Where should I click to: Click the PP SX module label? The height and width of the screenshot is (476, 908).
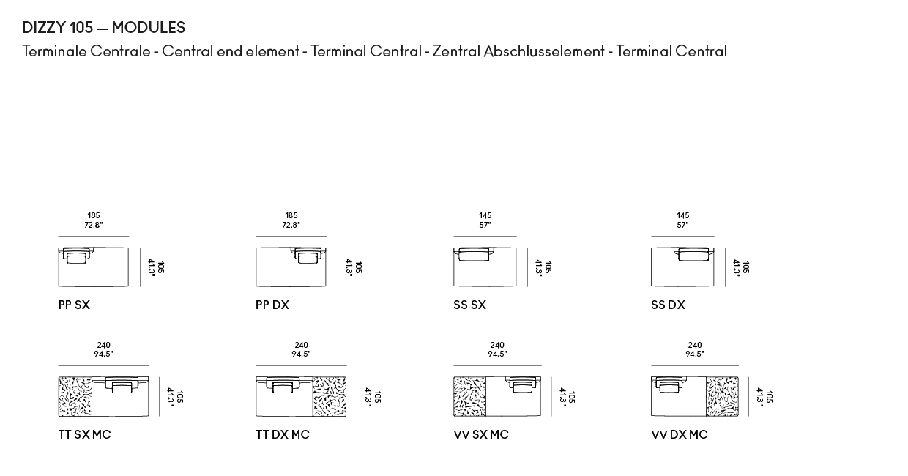[x=74, y=305]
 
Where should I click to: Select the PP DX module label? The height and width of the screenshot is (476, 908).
[x=272, y=305]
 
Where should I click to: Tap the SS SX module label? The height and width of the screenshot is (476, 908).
[x=470, y=305]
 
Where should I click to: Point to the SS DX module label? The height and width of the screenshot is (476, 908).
[x=668, y=305]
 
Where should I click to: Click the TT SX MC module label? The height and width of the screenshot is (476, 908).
[x=85, y=435]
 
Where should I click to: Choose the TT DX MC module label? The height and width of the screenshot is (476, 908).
[x=283, y=435]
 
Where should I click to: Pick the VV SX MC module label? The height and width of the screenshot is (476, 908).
[x=481, y=435]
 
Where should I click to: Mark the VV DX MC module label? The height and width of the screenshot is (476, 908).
[x=680, y=435]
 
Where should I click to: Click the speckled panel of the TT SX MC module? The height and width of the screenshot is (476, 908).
[x=75, y=396]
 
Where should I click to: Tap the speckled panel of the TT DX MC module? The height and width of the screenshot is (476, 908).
[x=330, y=396]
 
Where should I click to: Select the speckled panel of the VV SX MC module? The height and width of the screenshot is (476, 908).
[x=470, y=396]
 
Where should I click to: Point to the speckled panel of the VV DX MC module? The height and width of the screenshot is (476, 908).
[x=722, y=396]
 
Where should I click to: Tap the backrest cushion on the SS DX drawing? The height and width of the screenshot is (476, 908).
[x=693, y=254]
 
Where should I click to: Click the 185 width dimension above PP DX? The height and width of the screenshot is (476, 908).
[x=291, y=215]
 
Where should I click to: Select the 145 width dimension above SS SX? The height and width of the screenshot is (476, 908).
[x=485, y=215]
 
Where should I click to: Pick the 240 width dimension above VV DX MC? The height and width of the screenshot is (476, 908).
[x=695, y=345]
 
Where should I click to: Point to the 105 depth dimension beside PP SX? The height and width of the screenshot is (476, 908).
[x=160, y=267]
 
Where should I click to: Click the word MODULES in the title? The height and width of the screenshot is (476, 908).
[x=149, y=28]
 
